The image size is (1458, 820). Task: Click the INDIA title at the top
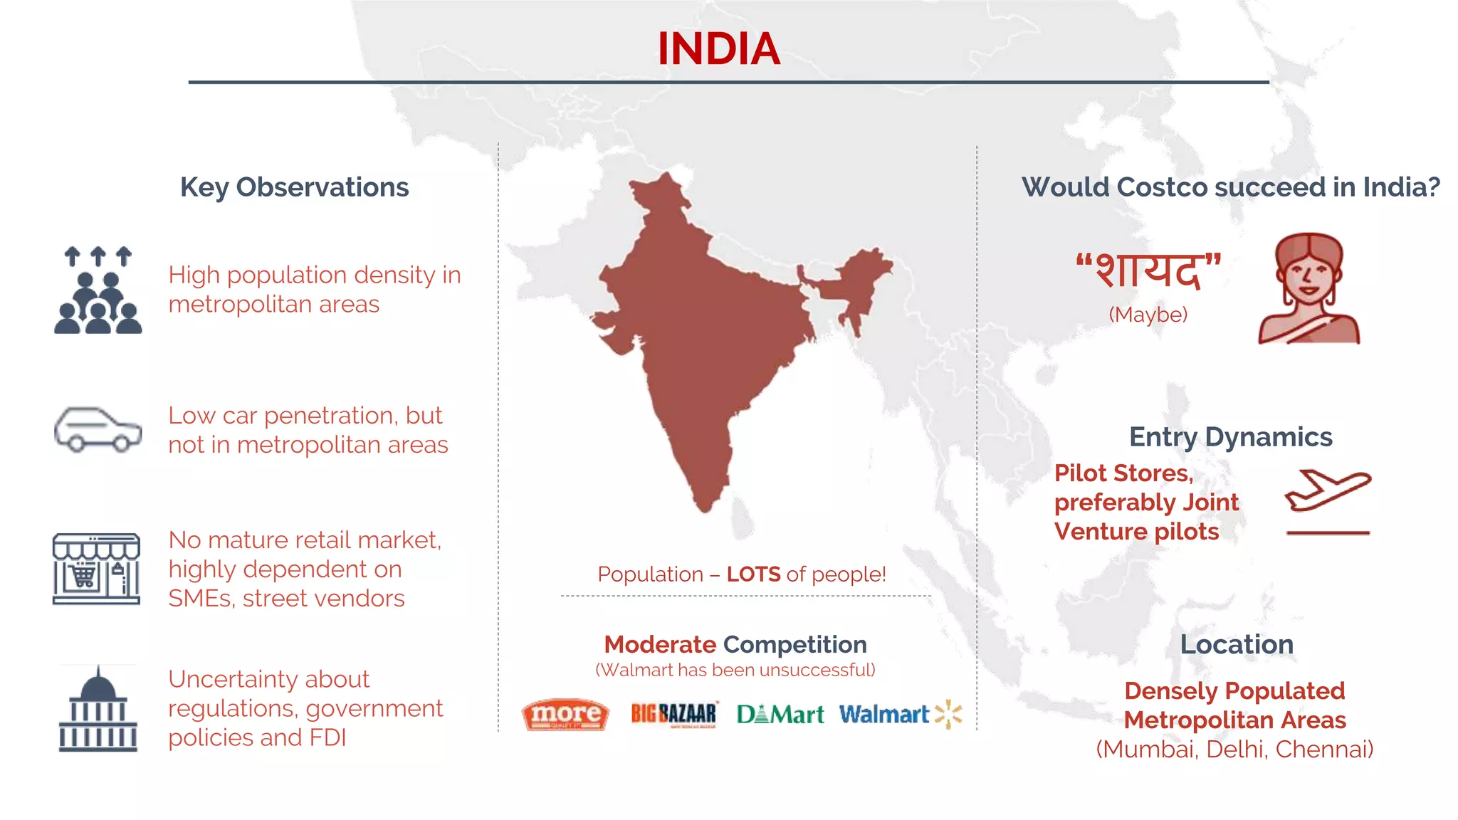pyautogui.click(x=718, y=48)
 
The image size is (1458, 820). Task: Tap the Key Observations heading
pyautogui.click(x=294, y=187)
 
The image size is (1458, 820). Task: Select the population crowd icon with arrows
pyautogui.click(x=98, y=290)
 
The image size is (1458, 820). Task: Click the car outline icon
pyautogui.click(x=98, y=429)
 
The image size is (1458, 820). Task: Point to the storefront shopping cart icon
pyautogui.click(x=96, y=569)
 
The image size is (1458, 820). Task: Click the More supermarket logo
pyautogui.click(x=565, y=714)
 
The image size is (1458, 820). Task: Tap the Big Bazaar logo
pyautogui.click(x=673, y=714)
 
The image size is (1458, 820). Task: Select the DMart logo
pyautogui.click(x=780, y=714)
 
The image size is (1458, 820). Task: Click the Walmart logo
pyautogui.click(x=900, y=714)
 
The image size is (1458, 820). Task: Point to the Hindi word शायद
pyautogui.click(x=1148, y=270)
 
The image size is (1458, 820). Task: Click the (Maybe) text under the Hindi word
pyautogui.click(x=1148, y=314)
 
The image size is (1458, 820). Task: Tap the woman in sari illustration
pyautogui.click(x=1308, y=289)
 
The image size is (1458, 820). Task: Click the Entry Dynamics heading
pyautogui.click(x=1230, y=436)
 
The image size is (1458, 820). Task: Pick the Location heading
pyautogui.click(x=1237, y=644)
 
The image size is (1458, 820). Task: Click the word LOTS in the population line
pyautogui.click(x=753, y=574)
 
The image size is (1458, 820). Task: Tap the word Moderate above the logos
pyautogui.click(x=660, y=644)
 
